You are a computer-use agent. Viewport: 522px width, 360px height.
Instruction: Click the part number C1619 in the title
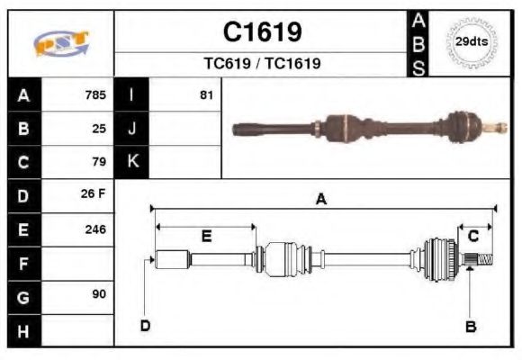point(261,33)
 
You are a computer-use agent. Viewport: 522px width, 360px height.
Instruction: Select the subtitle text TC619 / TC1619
point(261,64)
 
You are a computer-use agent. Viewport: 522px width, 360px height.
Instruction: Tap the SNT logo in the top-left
point(61,43)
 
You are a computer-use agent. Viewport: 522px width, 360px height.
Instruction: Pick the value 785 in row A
point(95,94)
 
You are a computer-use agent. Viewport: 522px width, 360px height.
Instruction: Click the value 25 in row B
point(99,128)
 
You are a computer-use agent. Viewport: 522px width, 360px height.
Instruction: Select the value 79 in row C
point(99,162)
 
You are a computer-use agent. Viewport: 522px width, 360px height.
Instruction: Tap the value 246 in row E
point(95,229)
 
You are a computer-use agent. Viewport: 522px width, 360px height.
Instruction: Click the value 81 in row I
point(206,94)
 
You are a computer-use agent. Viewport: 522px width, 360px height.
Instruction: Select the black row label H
point(23,330)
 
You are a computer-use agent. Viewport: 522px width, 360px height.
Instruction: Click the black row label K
point(131,162)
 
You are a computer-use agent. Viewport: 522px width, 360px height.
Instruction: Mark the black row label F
point(23,263)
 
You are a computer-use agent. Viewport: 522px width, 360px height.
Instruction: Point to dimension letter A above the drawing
point(320,200)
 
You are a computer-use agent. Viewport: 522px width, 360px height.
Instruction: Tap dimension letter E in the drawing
point(206,237)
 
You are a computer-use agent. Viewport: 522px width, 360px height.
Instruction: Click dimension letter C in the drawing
point(472,236)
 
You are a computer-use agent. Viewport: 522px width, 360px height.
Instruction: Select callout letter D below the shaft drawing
point(145,325)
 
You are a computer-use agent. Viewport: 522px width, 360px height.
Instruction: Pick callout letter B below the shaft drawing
point(470,326)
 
